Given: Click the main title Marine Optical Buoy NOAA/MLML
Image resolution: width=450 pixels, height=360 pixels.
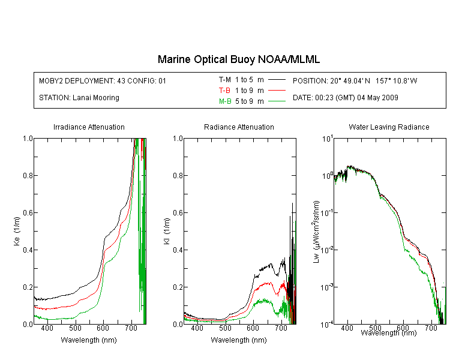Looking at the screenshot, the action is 238,59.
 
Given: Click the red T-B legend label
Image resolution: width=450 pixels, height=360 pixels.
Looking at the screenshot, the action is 225,91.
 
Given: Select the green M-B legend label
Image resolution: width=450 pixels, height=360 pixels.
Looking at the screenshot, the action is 225,101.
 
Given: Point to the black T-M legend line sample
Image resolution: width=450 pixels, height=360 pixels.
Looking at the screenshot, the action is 277,80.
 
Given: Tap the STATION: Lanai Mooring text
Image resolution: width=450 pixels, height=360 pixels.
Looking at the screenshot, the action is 79,98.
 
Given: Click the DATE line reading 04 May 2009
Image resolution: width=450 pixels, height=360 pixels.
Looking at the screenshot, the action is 346,98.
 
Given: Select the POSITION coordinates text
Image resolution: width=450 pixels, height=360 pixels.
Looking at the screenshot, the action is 355,80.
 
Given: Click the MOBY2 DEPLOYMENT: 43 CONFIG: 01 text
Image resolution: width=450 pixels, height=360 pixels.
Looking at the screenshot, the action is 103,80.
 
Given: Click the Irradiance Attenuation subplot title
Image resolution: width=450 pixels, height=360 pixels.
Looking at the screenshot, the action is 89,127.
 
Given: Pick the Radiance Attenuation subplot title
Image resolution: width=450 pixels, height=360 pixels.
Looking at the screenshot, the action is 239,127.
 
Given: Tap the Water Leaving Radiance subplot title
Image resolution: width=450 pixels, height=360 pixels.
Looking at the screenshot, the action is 389,127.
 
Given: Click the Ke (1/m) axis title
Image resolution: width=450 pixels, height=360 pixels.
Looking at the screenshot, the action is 17,232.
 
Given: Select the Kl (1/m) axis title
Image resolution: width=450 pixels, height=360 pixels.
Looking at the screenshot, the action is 167,232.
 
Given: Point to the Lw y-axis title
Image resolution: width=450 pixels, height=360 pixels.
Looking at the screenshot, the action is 316,232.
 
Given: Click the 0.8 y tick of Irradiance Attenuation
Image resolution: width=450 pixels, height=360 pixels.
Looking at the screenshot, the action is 28,175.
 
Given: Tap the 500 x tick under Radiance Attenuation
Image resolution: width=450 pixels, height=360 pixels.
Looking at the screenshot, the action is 225,328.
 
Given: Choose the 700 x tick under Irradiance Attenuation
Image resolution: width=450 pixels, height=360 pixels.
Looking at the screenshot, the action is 131,328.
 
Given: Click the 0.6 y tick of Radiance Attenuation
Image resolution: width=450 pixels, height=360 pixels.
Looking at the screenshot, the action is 178,213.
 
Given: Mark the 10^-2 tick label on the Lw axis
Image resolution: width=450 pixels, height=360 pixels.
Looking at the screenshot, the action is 327,249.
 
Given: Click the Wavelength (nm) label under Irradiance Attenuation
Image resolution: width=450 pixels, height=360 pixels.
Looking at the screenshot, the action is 89,340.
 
